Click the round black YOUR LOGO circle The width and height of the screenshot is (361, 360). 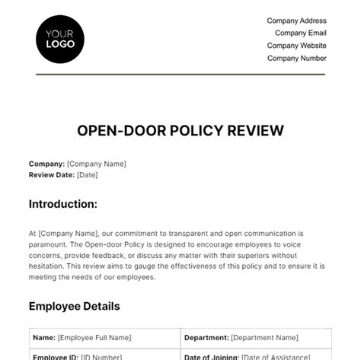(x=60, y=37)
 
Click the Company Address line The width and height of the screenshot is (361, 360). (x=296, y=21)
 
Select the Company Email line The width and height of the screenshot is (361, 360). (x=301, y=33)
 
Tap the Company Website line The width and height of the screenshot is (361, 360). (x=296, y=46)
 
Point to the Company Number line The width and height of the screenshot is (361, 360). (x=296, y=58)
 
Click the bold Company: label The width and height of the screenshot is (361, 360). (x=46, y=164)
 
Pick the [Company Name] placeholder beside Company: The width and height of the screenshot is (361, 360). (x=97, y=164)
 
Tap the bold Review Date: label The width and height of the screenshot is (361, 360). (x=52, y=174)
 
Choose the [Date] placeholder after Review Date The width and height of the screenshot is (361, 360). (x=88, y=174)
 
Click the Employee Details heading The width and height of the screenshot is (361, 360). (x=74, y=306)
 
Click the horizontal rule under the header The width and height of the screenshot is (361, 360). (x=180, y=75)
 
